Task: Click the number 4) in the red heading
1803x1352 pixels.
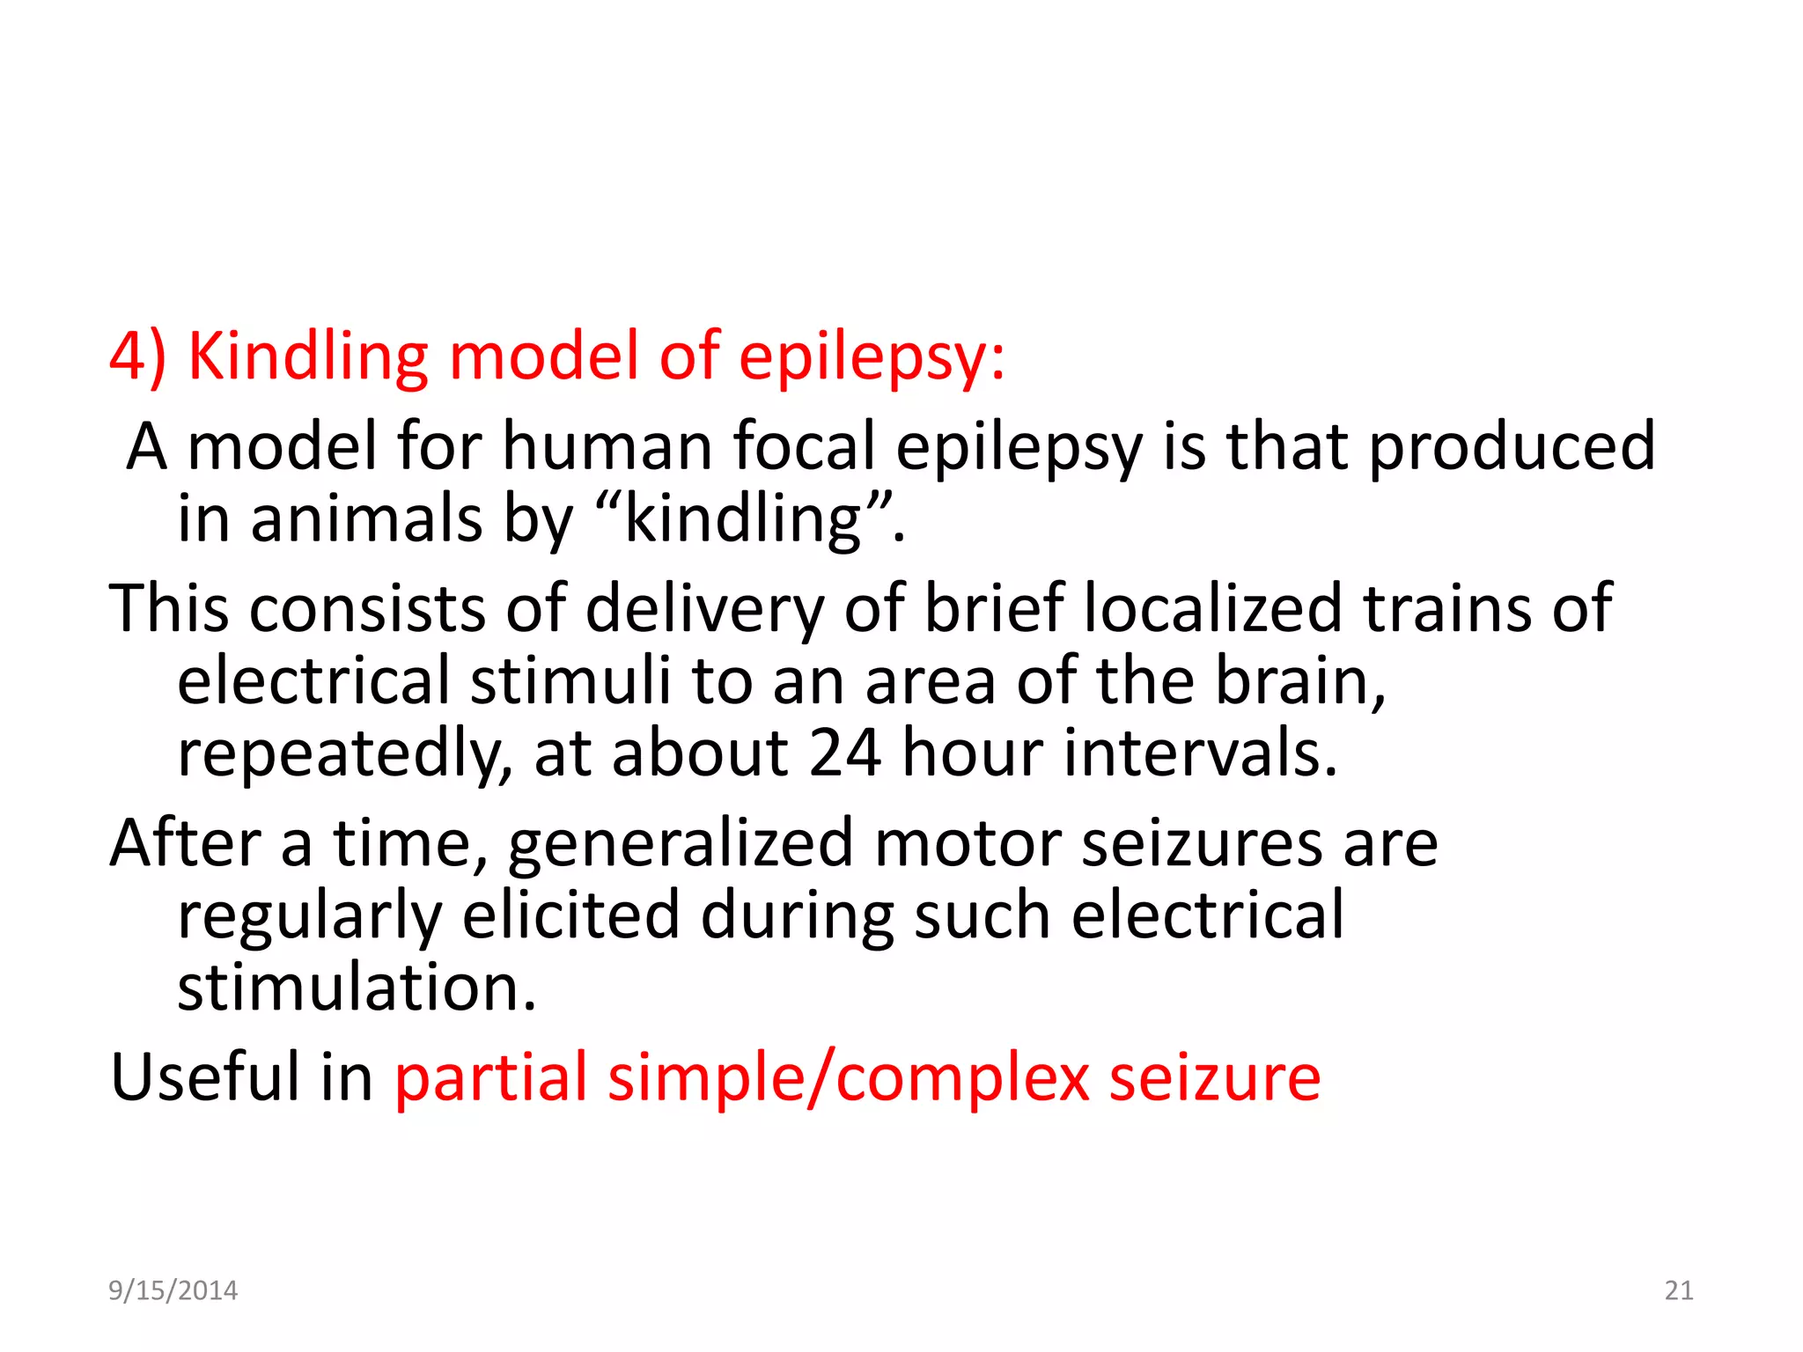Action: click(x=137, y=357)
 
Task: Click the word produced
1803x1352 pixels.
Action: click(x=1511, y=446)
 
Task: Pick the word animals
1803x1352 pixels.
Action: click(x=366, y=519)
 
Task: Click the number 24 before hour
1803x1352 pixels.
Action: click(x=844, y=753)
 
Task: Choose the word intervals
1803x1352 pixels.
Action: click(x=1200, y=753)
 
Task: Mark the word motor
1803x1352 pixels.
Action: click(x=968, y=843)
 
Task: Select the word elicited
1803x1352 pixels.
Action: click(x=571, y=915)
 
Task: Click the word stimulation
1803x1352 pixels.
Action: click(x=357, y=988)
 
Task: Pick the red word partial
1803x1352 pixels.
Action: click(x=490, y=1077)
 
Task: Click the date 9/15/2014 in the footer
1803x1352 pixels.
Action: click(x=173, y=1290)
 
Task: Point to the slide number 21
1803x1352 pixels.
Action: click(x=1679, y=1290)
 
